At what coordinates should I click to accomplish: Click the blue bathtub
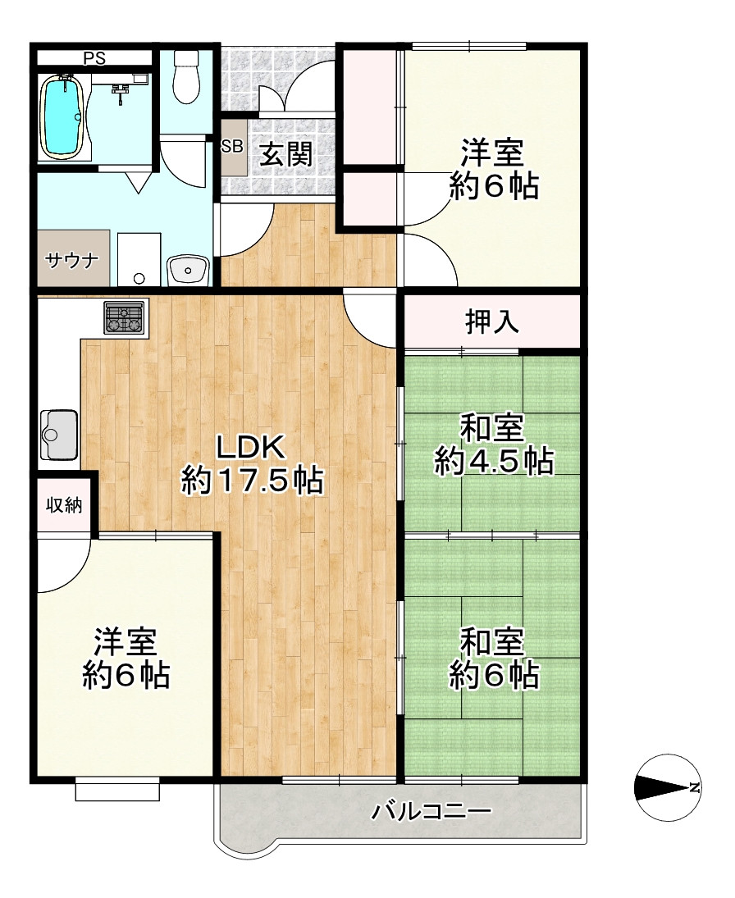click(x=64, y=116)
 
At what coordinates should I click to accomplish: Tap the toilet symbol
click(x=185, y=77)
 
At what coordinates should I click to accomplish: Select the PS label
click(x=94, y=58)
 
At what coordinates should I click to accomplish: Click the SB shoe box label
click(x=232, y=147)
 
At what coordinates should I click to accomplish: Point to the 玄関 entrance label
click(x=285, y=154)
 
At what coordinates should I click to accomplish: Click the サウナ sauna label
click(x=71, y=261)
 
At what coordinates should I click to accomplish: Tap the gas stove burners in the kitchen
click(x=123, y=318)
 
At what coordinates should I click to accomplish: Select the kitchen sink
click(x=58, y=435)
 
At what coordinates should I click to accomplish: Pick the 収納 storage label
click(x=64, y=505)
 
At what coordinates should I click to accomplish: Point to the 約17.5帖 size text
click(x=252, y=481)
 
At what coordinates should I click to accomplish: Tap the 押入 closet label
click(x=492, y=321)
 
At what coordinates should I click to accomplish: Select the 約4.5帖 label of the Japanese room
click(x=494, y=462)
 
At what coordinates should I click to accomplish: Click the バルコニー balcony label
click(x=432, y=811)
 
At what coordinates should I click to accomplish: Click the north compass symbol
click(x=668, y=787)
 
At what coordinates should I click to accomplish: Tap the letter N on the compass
click(x=695, y=787)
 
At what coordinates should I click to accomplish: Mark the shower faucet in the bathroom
click(x=121, y=92)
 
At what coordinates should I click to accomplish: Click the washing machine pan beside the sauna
click(x=139, y=259)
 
